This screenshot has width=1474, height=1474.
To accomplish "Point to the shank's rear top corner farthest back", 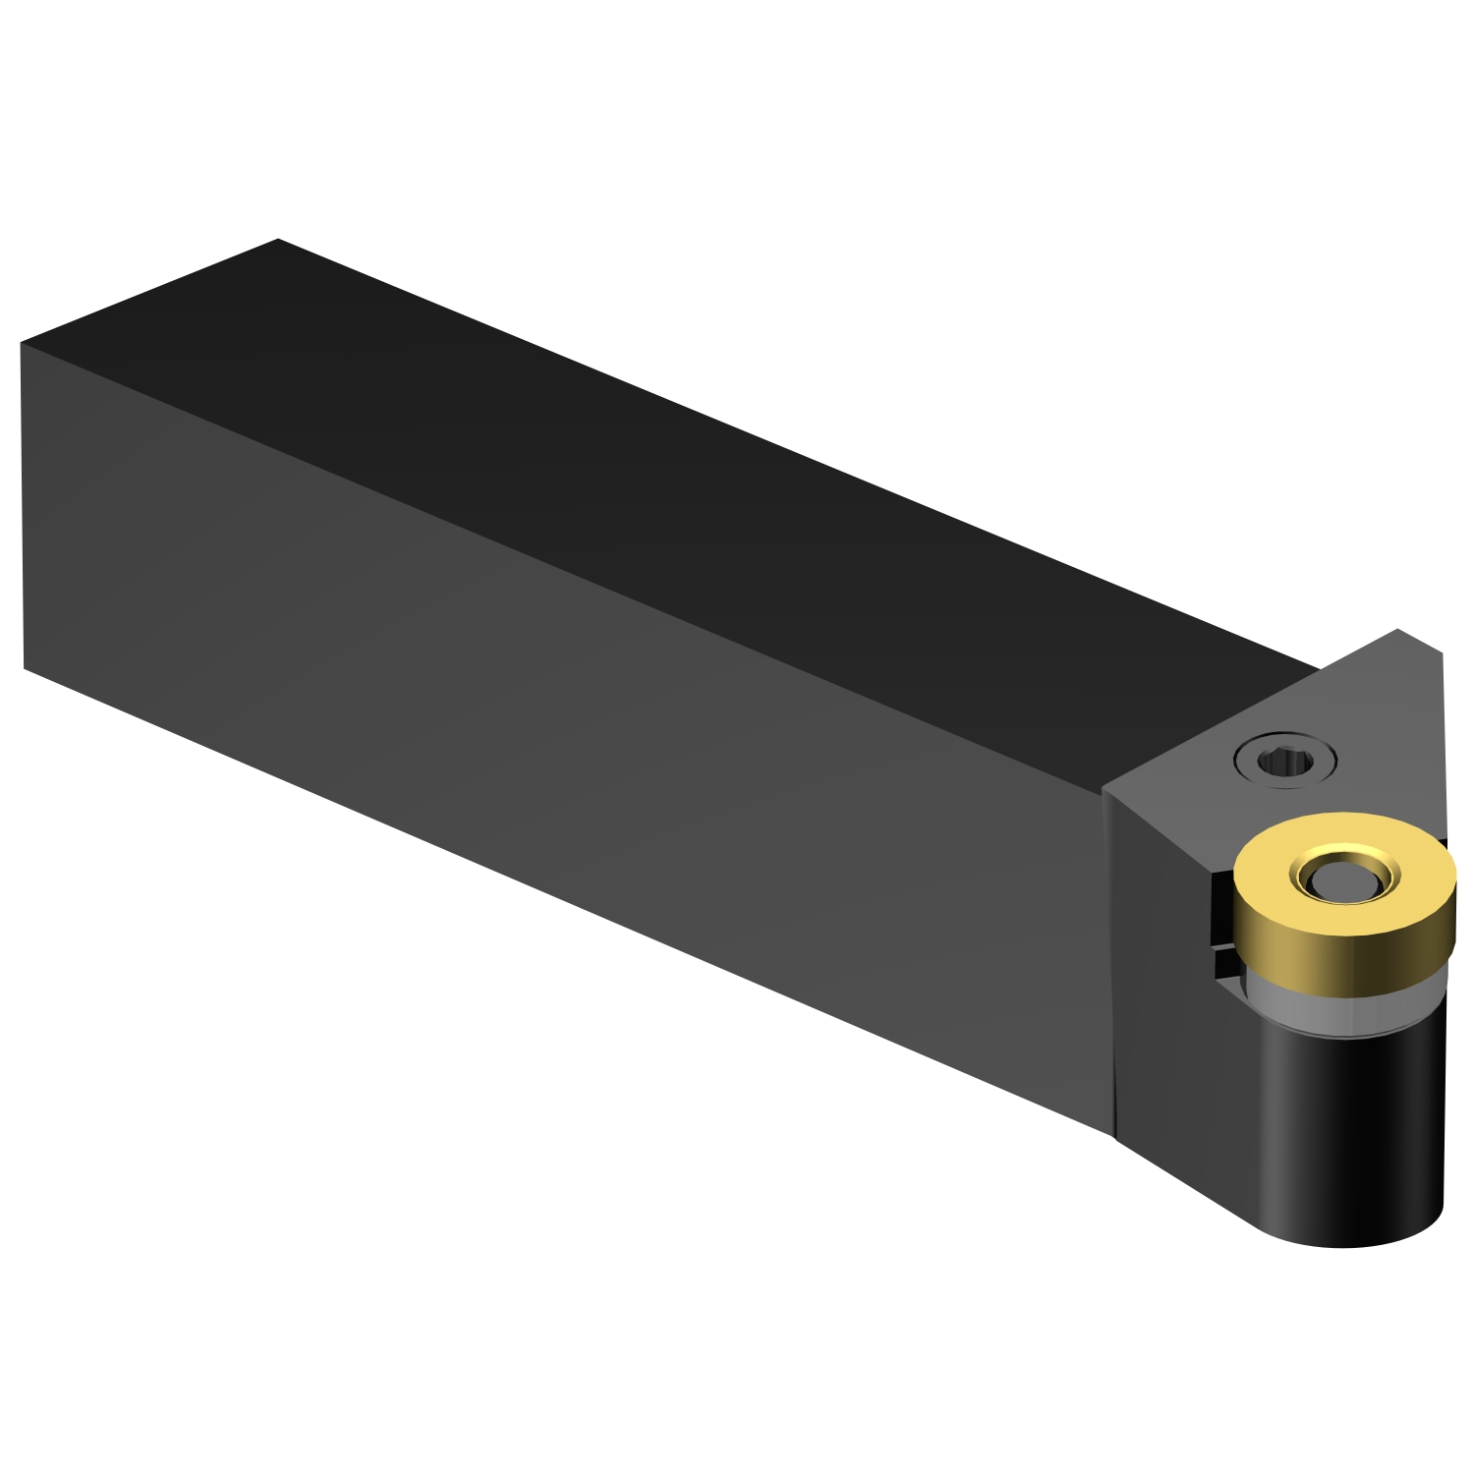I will (x=278, y=239).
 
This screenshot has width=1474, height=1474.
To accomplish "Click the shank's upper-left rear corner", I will (x=21, y=343).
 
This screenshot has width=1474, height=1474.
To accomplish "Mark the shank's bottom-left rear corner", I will (x=24, y=668).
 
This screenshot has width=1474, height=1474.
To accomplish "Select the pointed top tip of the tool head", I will (x=1397, y=629).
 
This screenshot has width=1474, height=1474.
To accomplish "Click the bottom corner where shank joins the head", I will (x=1114, y=1136).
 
